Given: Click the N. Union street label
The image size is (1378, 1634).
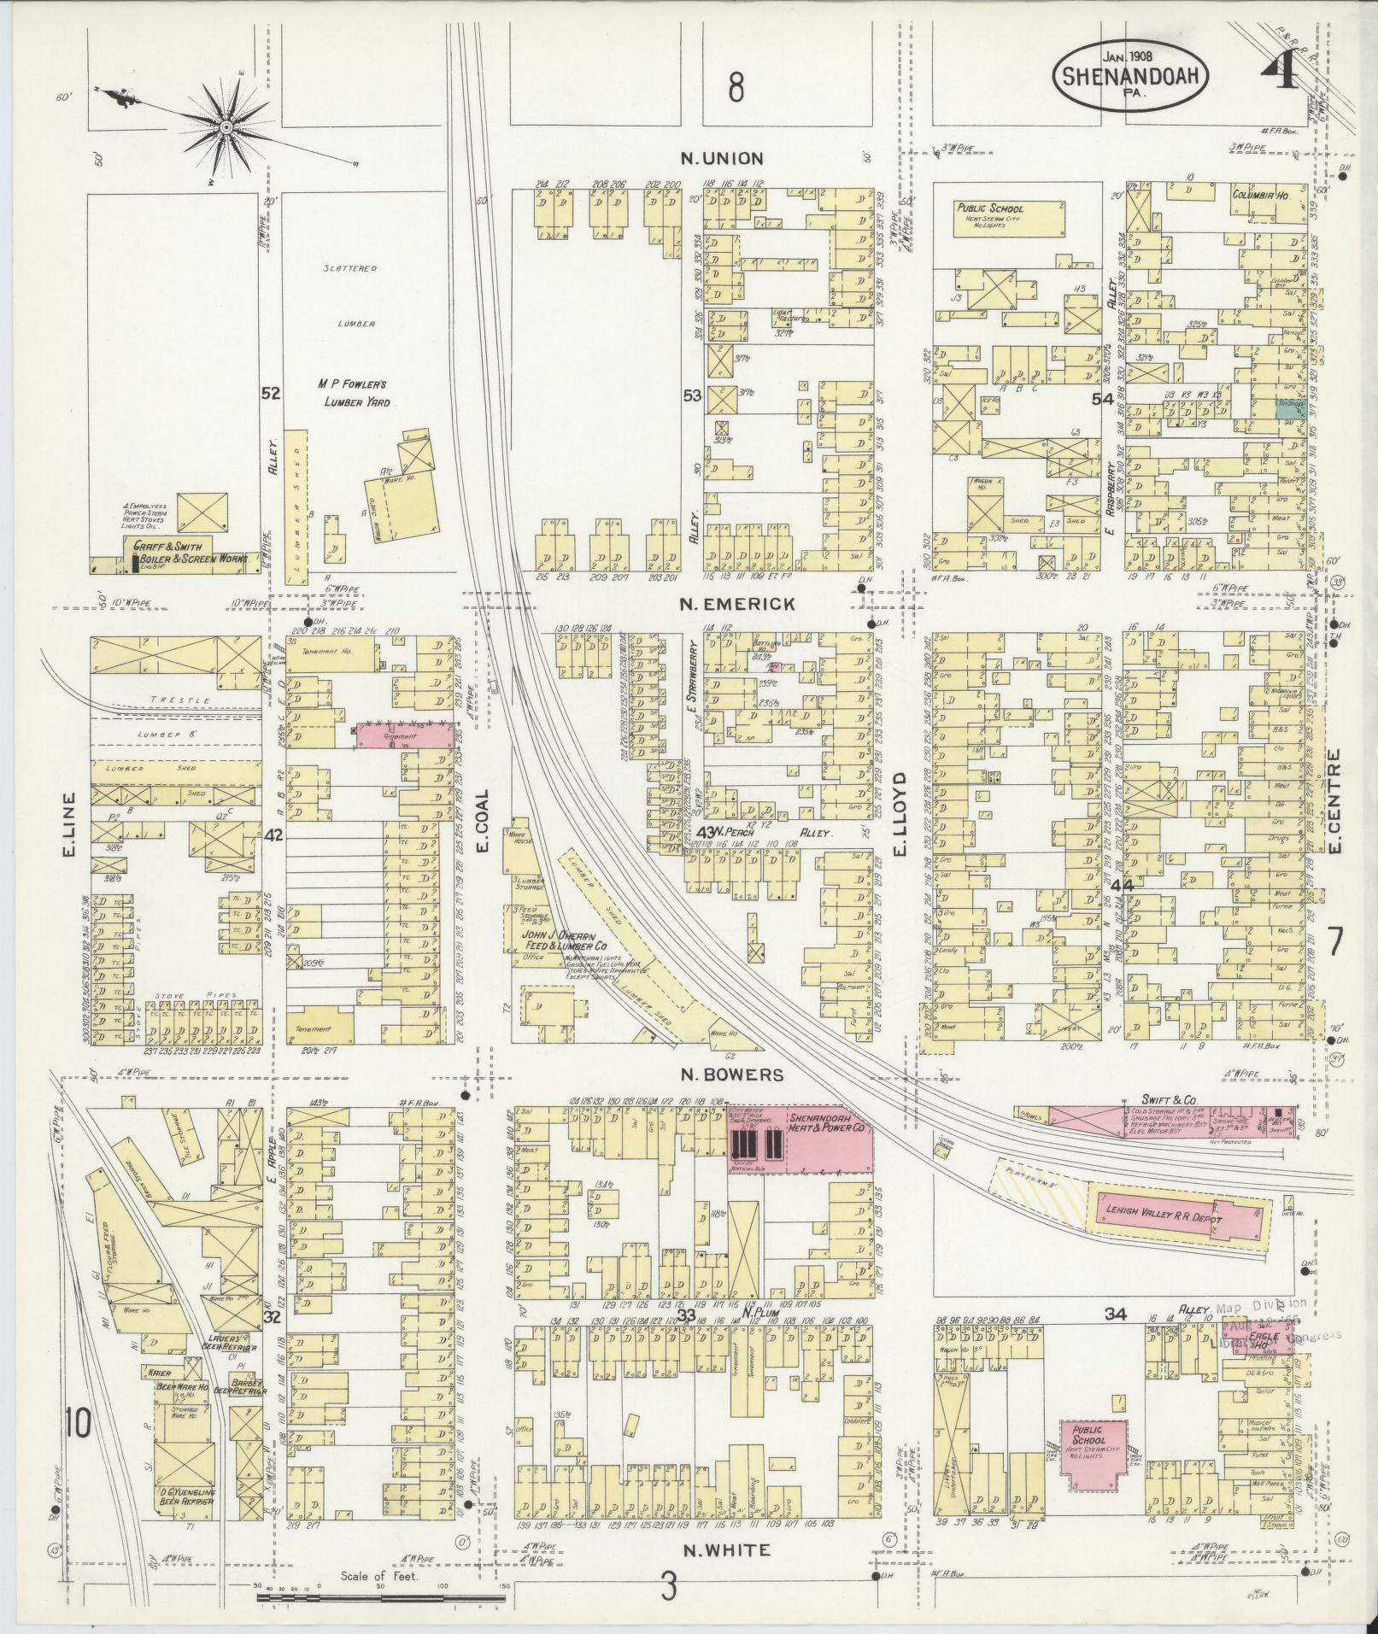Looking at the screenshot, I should (x=722, y=158).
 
